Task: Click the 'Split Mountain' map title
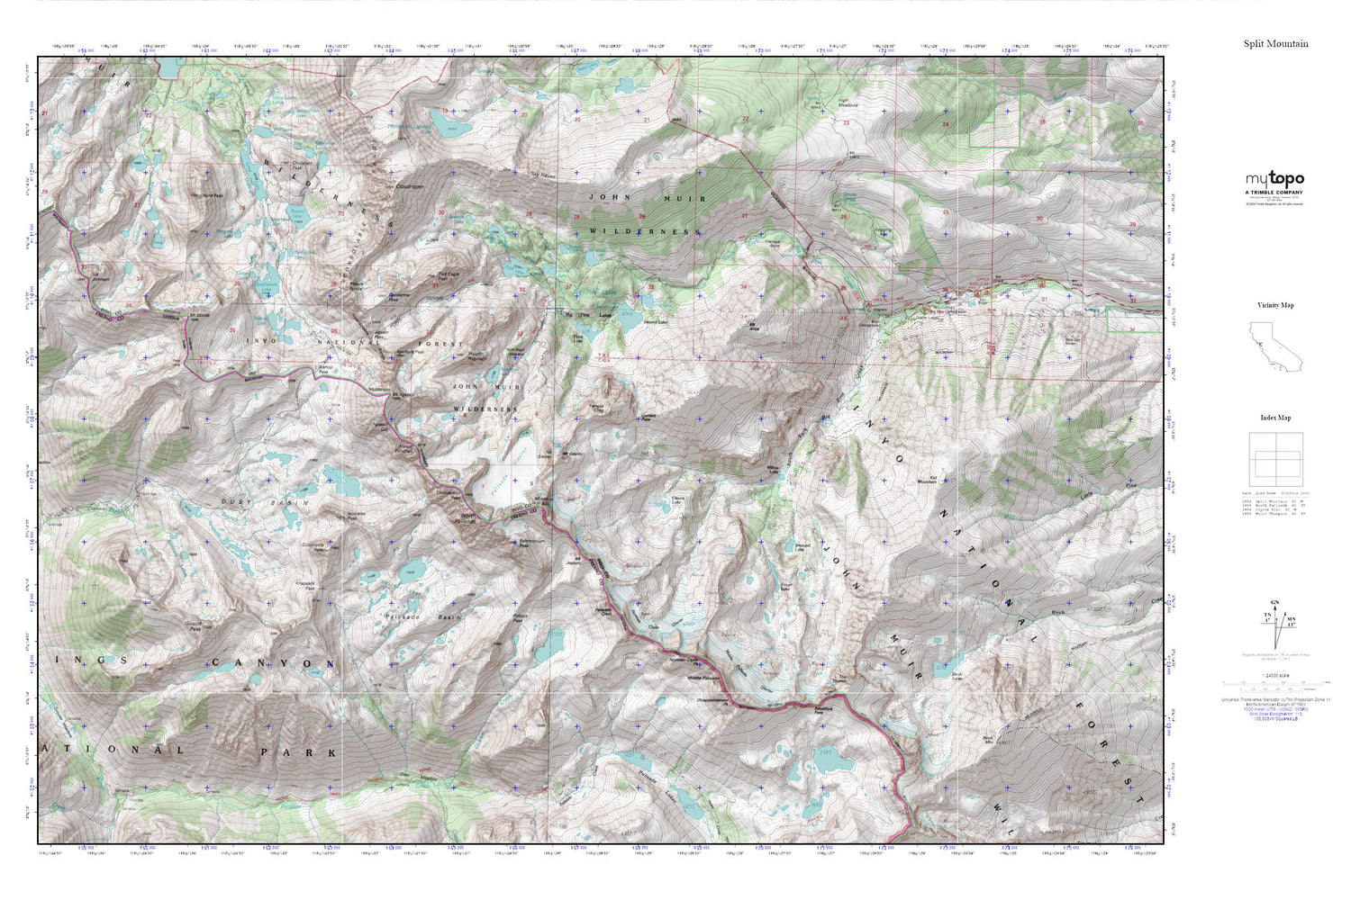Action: [x=1275, y=43]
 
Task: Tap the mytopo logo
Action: [x=1274, y=179]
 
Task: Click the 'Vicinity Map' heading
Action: [x=1274, y=305]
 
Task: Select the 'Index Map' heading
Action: [x=1274, y=418]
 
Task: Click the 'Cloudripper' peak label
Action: [x=410, y=186]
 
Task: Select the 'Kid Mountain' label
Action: [x=928, y=480]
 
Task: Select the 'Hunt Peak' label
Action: [x=213, y=194]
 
